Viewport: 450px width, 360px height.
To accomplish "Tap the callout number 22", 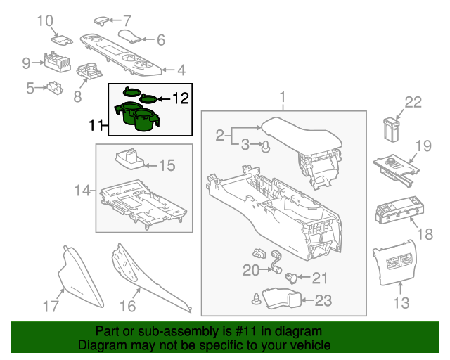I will click(413, 103).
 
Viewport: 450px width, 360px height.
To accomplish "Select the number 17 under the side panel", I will click(50, 306).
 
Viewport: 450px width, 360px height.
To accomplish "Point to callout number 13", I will click(401, 303).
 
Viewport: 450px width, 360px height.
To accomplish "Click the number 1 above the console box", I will click(283, 96).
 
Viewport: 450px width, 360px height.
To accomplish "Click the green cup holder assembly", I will click(139, 115).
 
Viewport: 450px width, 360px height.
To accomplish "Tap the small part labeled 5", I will click(54, 87).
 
